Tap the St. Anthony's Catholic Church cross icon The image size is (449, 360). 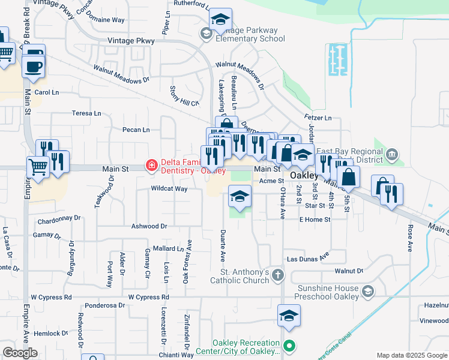[277, 275]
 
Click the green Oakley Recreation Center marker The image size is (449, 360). [289, 346]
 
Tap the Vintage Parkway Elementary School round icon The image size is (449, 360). [206, 34]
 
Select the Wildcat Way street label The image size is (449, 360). [169, 189]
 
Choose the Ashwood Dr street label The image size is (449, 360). [149, 226]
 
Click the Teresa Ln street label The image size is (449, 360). [86, 113]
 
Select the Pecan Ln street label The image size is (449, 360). [135, 130]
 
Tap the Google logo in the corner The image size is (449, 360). [21, 352]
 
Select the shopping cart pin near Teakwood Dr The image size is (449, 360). [38, 167]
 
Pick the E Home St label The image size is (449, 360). [315, 220]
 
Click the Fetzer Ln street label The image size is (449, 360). [319, 118]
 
